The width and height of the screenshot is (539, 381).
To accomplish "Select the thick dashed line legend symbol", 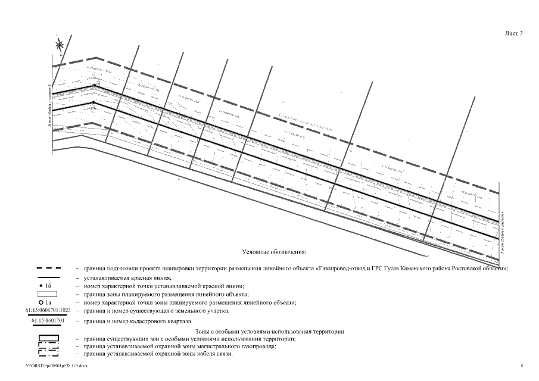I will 48,269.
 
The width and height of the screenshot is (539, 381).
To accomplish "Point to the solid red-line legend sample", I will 48,278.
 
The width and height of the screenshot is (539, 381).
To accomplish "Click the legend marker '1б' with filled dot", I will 48,286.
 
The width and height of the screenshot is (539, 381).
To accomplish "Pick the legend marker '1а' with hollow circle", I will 48,302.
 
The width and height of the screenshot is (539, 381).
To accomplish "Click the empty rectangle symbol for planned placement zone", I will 48,294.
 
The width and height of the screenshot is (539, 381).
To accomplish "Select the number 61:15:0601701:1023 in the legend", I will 48,311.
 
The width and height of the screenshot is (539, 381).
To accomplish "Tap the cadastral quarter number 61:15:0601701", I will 48,321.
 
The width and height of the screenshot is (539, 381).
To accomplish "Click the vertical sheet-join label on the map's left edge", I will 50,107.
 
